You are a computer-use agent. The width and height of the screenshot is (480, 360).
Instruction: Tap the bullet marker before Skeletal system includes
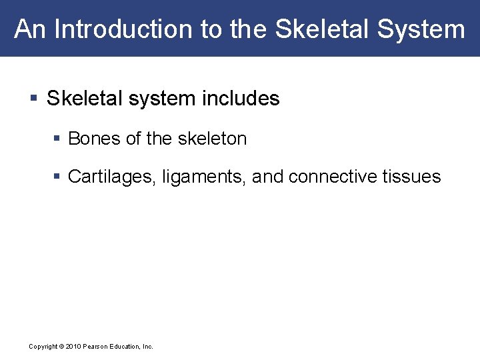[34, 99]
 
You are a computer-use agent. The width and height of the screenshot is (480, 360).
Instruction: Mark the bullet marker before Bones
[57, 139]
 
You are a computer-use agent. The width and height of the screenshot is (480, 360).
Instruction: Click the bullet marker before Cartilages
[57, 177]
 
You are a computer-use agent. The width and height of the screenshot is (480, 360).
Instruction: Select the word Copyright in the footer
[43, 347]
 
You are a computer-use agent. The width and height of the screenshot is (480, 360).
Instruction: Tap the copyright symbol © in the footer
[61, 347]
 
